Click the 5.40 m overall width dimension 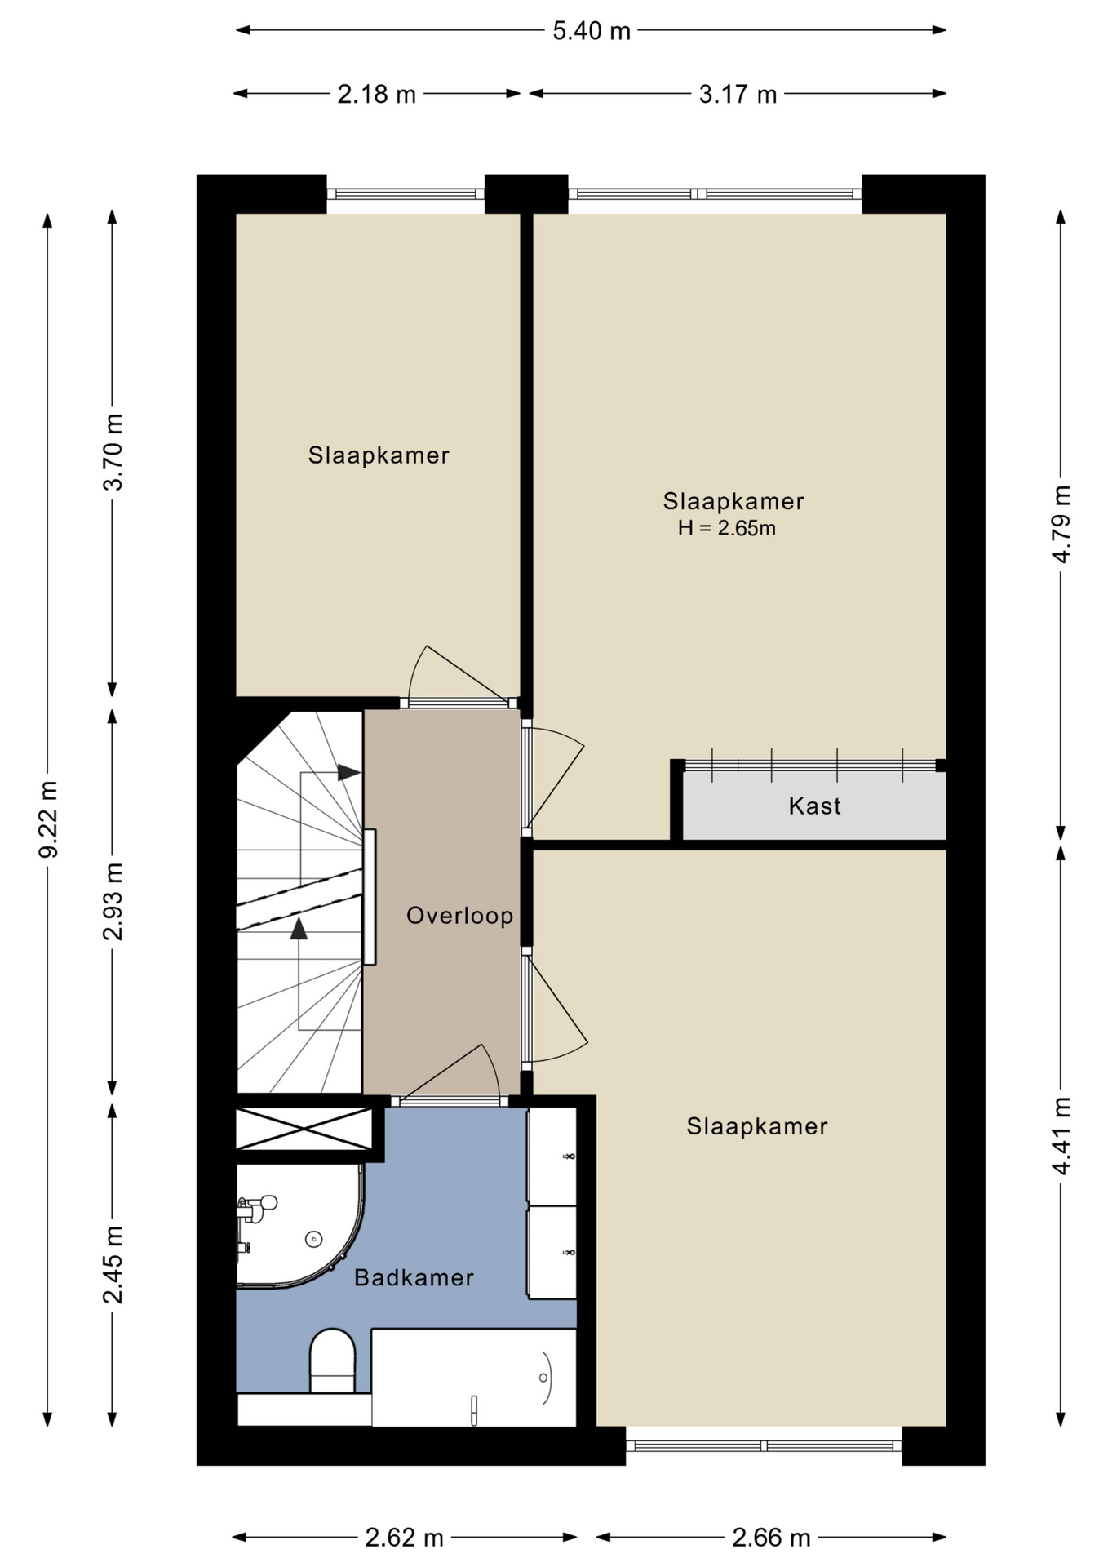coord(592,31)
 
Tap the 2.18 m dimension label coord(377,95)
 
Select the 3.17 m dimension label coord(738,95)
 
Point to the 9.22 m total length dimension coord(48,819)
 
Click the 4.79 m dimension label coord(1061,524)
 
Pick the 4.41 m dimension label coord(1061,1136)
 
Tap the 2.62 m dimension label coord(404,1538)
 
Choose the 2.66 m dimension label coord(771,1538)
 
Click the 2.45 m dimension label coord(113,1265)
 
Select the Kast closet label coord(814,806)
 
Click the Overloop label coord(460,916)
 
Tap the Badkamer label coord(414,1277)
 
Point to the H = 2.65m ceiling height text coord(726,528)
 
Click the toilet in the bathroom coord(333,1361)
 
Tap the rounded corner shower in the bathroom coord(299,1226)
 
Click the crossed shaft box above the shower coord(304,1129)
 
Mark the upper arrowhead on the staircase coord(349,772)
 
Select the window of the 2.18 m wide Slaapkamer coord(406,194)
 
